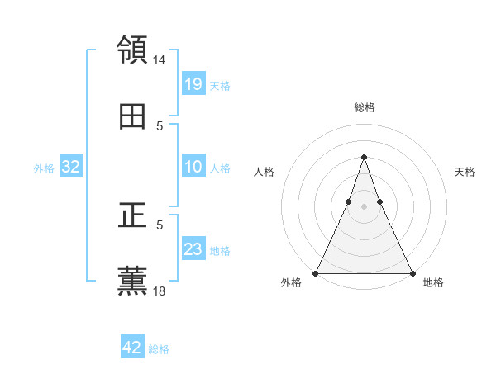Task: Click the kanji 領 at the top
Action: (x=132, y=50)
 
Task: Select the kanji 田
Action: (x=132, y=117)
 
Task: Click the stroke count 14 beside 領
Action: (x=160, y=60)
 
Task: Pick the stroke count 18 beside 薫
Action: (x=160, y=291)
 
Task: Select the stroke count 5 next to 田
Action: (x=160, y=126)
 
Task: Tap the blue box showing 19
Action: (x=193, y=84)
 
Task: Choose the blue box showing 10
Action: (x=193, y=167)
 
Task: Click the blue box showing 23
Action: (x=193, y=249)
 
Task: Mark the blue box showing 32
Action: (x=71, y=167)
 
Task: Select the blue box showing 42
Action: (x=132, y=348)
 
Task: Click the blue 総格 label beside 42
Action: (x=159, y=349)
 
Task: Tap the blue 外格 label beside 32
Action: (x=44, y=168)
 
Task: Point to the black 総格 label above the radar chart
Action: (x=364, y=107)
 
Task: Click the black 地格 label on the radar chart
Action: (x=433, y=282)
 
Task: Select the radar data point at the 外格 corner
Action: (x=317, y=272)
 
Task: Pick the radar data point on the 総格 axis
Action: (x=364, y=157)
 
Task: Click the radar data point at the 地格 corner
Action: (x=411, y=272)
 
